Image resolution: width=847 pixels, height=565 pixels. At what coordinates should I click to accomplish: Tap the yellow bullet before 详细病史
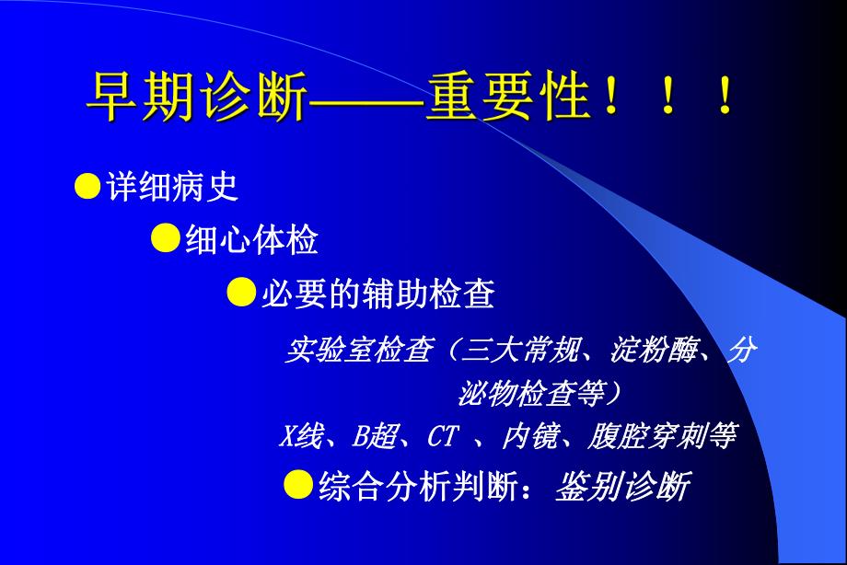[x=87, y=186]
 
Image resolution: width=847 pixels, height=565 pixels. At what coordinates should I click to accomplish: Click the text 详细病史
[x=172, y=187]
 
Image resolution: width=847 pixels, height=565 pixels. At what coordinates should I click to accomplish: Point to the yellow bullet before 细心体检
[x=165, y=239]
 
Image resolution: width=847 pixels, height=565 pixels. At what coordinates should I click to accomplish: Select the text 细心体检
[x=251, y=240]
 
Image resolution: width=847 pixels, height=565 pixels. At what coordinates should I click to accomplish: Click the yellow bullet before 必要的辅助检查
[x=241, y=294]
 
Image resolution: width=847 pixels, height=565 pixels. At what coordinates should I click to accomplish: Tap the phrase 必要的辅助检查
[x=378, y=294]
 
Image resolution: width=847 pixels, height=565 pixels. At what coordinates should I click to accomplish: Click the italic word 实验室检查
[x=357, y=350]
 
